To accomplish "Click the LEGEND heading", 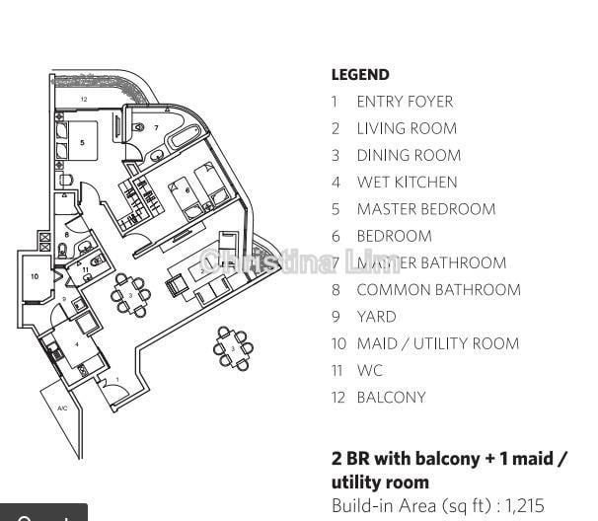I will (360, 75).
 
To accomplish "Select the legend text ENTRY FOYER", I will (405, 102).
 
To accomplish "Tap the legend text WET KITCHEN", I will (407, 183).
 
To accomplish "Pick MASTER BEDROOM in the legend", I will (426, 209).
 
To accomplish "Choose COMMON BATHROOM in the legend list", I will (438, 290).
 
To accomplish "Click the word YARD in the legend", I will (376, 317).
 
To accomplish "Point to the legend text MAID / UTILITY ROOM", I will (437, 343).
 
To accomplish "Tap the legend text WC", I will (369, 371).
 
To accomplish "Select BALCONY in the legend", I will (391, 398).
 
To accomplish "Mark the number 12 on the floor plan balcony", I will (84, 100).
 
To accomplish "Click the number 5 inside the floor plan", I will (83, 143).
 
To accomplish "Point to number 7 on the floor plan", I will (156, 128).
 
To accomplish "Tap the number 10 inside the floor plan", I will (35, 277).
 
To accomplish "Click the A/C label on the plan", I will (62, 408).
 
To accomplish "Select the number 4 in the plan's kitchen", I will (77, 344).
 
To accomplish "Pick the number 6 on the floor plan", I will (187, 190).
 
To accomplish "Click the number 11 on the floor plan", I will (85, 268).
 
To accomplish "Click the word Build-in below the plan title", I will (357, 505).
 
